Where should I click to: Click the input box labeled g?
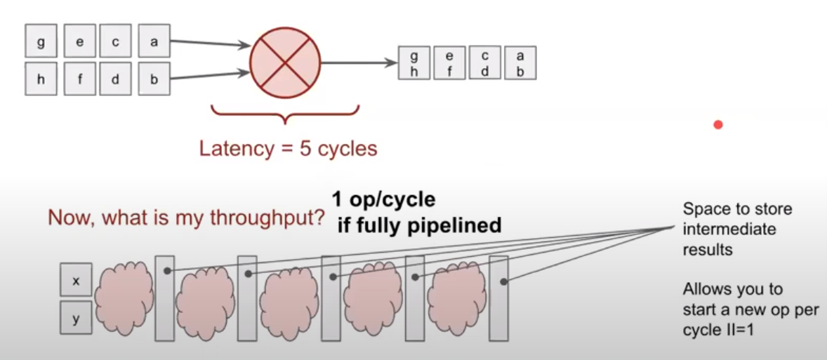pyautogui.click(x=41, y=42)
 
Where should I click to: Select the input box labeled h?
pyautogui.click(x=41, y=79)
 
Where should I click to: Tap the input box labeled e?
pyautogui.click(x=80, y=42)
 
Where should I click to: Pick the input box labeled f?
pyautogui.click(x=80, y=79)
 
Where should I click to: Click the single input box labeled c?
pyautogui.click(x=115, y=42)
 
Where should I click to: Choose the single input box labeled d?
pyautogui.click(x=115, y=79)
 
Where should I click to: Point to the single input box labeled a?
pyautogui.click(x=154, y=42)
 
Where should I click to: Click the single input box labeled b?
pyautogui.click(x=154, y=79)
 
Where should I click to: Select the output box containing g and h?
pyautogui.click(x=414, y=62)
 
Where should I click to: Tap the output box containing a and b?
pyautogui.click(x=520, y=62)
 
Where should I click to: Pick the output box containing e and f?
pyautogui.click(x=449, y=62)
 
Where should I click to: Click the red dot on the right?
pyautogui.click(x=718, y=125)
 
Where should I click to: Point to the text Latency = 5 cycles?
pyautogui.click(x=288, y=149)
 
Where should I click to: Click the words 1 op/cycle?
pyautogui.click(x=384, y=200)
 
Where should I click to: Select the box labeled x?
pyautogui.click(x=76, y=281)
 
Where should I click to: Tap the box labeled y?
pyautogui.click(x=76, y=319)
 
